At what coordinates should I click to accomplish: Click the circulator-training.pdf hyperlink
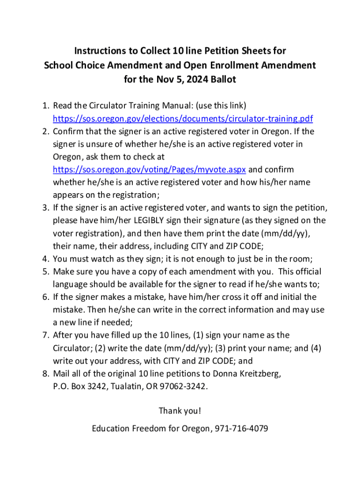183,118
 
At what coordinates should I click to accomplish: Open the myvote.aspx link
149,169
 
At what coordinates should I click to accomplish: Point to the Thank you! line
180,411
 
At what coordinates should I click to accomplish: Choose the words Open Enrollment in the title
222,65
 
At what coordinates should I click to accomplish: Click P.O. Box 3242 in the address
77,386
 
